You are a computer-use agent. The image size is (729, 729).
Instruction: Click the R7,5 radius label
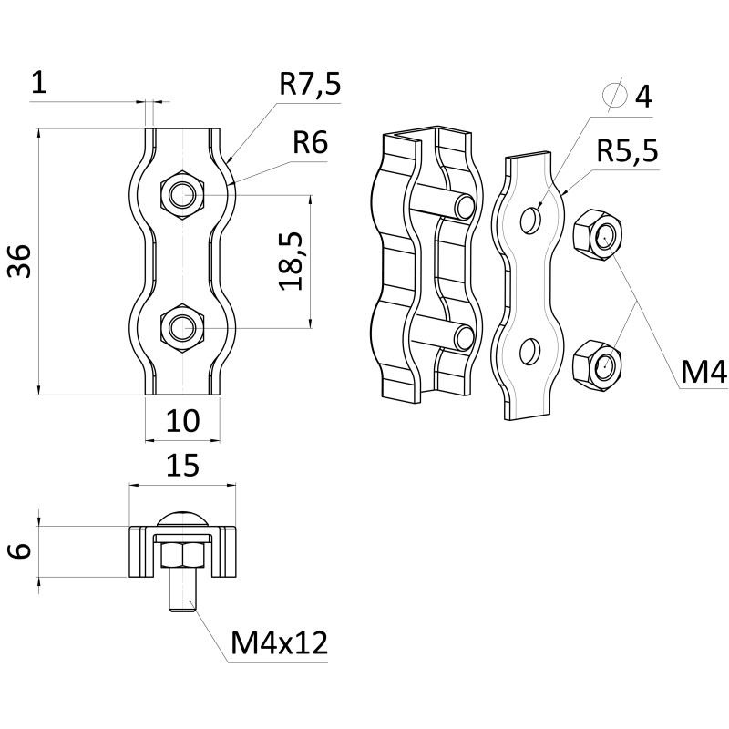[x=309, y=86]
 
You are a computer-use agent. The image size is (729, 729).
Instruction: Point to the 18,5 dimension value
[x=291, y=261]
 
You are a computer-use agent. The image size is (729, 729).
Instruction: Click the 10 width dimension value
[x=182, y=421]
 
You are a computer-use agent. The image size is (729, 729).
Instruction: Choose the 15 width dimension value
[x=182, y=467]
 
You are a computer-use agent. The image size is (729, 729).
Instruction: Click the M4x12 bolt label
[x=278, y=644]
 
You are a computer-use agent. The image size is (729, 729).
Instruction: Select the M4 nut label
[x=703, y=372]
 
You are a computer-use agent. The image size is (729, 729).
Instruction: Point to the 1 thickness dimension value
[x=37, y=83]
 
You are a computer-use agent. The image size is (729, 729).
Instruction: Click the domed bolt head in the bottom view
[x=182, y=518]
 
